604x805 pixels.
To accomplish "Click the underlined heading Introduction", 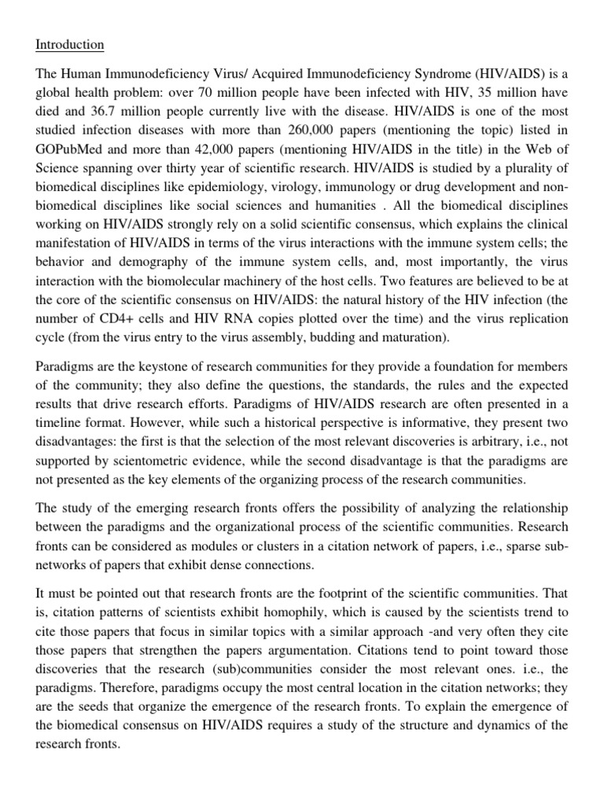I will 69,45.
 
